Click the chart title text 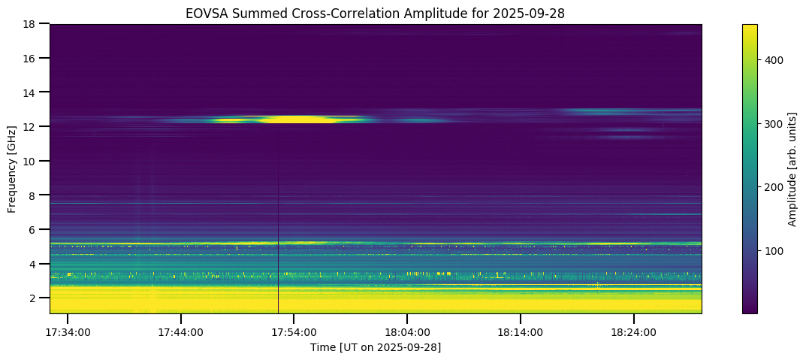376,13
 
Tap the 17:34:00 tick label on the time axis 68,332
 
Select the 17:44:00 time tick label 180,332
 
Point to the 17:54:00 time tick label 294,332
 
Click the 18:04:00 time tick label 407,332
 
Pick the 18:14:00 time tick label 521,332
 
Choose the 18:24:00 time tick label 633,332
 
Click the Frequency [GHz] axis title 12,169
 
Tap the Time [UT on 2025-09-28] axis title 376,347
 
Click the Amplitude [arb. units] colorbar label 792,169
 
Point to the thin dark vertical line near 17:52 278,225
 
